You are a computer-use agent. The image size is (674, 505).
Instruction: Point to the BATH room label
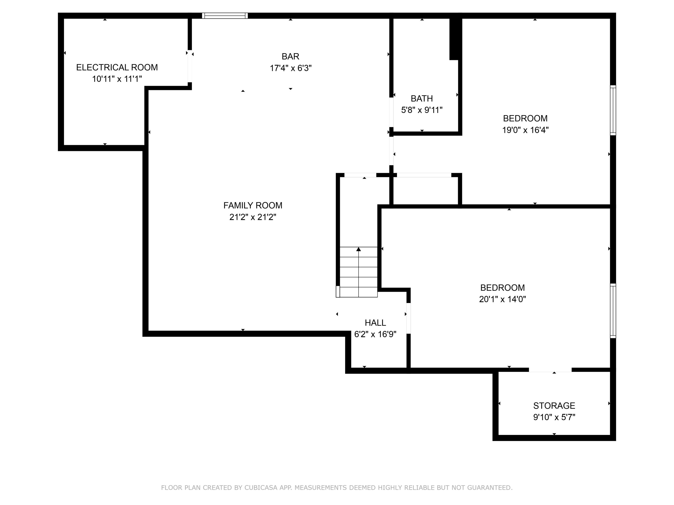421,98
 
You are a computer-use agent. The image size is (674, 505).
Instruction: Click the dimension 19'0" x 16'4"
525,130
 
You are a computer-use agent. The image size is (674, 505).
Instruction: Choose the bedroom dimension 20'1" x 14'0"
502,299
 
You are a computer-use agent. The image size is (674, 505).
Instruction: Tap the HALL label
375,323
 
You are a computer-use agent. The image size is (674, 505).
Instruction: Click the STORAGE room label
554,406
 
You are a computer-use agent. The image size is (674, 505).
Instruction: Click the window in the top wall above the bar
225,15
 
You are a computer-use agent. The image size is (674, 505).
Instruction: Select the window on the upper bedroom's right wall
613,110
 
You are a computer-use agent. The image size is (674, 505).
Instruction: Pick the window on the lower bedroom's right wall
613,310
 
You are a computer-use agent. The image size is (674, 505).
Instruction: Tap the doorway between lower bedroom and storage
550,370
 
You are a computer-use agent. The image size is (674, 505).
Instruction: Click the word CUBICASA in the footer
261,488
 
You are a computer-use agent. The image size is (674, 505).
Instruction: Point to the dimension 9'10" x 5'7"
554,417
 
